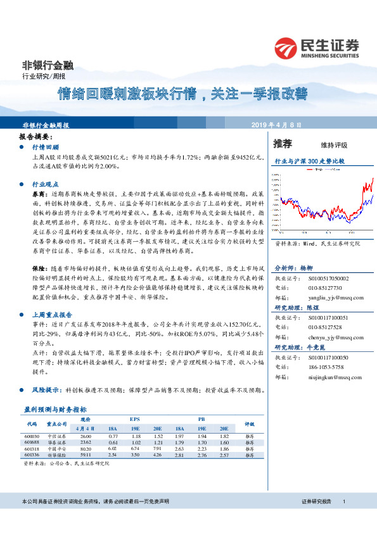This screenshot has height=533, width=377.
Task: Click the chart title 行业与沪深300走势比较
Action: coord(309,161)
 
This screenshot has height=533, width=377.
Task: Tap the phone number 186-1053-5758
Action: coord(326,367)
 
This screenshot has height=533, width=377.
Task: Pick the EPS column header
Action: coord(135,419)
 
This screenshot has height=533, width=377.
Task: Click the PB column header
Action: coord(201,419)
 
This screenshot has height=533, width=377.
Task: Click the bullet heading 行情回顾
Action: coord(44,146)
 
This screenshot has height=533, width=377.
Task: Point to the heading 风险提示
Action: coord(47,390)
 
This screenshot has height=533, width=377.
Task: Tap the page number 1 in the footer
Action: coord(343,501)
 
